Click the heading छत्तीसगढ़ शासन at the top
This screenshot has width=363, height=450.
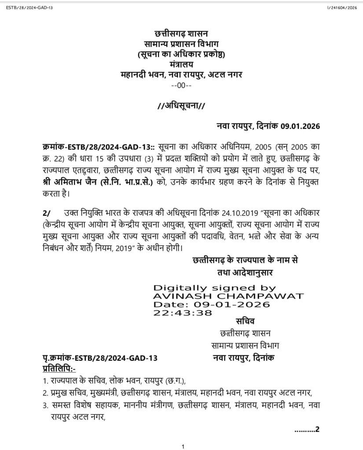(x=181, y=34)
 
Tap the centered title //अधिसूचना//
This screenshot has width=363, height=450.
(x=181, y=105)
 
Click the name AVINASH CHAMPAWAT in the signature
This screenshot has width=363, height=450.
(x=228, y=296)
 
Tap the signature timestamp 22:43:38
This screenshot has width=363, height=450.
(x=182, y=313)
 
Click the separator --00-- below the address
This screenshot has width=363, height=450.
(x=181, y=84)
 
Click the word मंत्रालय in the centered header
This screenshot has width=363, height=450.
(x=181, y=64)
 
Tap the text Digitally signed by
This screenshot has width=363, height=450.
(x=214, y=288)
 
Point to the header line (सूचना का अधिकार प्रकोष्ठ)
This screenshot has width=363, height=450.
(x=181, y=54)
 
